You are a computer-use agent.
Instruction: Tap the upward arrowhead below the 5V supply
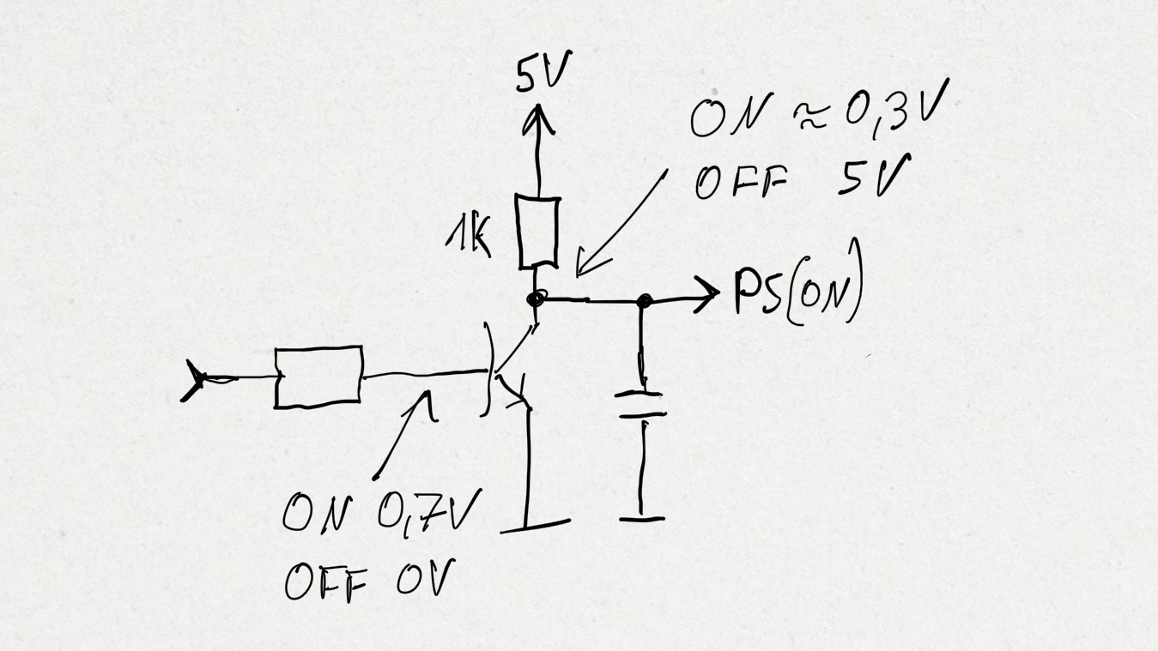[538, 119]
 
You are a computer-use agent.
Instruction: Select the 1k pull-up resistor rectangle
[538, 232]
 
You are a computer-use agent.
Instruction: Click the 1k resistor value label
[469, 238]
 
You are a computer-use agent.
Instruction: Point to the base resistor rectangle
[318, 377]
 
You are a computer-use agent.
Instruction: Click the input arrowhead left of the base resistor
[194, 381]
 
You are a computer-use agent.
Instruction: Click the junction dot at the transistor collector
[536, 298]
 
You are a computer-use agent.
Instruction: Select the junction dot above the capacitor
[644, 301]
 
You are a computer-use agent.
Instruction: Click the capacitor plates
[641, 405]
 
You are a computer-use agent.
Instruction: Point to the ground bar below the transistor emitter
[536, 526]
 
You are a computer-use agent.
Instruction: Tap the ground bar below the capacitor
[642, 518]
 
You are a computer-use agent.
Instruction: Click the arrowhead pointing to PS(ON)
[706, 294]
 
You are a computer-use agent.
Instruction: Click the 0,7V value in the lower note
[429, 511]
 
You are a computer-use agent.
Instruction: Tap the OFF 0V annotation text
[370, 580]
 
